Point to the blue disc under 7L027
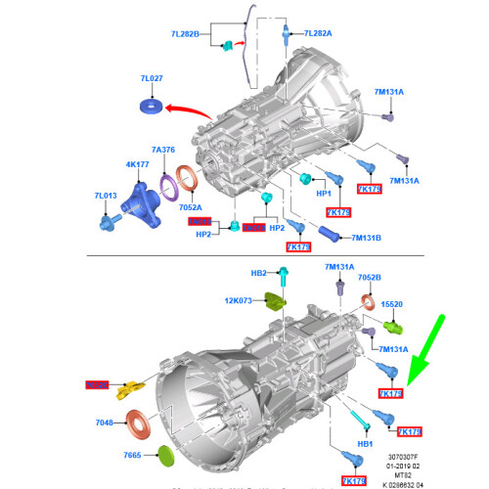coord(153,105)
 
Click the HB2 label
coord(258,274)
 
